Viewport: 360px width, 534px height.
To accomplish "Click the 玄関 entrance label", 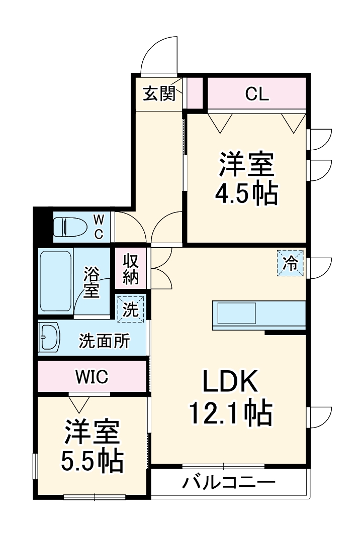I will tap(159, 94).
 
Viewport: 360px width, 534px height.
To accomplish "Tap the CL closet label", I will tap(257, 93).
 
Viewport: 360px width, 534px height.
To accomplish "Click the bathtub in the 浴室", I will tap(55, 281).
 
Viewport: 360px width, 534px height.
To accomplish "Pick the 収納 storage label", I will tap(130, 270).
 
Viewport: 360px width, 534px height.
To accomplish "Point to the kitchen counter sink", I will tap(236, 314).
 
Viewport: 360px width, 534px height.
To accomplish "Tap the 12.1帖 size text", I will tap(230, 414).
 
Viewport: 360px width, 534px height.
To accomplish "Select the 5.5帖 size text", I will tap(93, 460).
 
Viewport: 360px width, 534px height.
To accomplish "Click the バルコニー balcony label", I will tap(229, 484).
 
